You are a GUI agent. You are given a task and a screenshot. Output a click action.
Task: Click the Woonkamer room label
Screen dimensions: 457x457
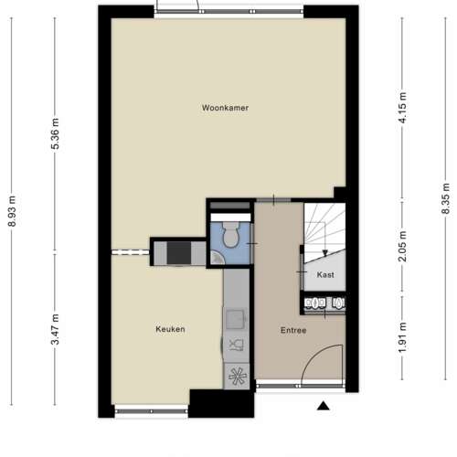225,108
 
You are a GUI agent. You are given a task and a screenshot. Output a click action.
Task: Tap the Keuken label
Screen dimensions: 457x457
170,329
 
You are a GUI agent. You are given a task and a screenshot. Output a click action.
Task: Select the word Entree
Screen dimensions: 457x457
293,330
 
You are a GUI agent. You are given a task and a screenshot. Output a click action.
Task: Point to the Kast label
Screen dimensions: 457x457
325,275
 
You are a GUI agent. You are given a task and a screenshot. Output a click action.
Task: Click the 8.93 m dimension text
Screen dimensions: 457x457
12,211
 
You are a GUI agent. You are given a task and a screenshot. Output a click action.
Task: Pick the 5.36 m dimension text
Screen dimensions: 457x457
55,133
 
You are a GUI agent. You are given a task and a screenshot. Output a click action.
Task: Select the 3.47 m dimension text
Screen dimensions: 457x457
55,329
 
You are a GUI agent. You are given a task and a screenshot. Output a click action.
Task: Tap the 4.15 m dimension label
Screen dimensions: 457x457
402,108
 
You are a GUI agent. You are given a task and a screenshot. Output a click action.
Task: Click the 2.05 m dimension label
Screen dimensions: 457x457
402,246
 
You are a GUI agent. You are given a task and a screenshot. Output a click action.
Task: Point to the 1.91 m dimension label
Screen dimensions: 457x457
402,337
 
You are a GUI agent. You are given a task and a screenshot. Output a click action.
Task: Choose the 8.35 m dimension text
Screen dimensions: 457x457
446,198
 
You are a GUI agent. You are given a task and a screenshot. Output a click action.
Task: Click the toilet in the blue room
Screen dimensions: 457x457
231,234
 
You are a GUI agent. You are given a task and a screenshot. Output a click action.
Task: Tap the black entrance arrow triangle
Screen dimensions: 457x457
324,406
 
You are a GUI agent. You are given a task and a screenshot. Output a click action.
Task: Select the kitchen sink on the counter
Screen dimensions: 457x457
235,319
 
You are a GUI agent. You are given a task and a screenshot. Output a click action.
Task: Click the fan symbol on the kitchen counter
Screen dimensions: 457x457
238,377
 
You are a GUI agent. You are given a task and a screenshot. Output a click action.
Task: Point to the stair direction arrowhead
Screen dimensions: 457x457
325,253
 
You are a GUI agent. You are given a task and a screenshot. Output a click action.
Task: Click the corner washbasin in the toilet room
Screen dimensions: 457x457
218,258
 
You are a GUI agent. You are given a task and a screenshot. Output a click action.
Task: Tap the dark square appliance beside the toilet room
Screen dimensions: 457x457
179,253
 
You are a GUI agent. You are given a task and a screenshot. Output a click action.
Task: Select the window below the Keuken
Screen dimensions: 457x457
152,411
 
